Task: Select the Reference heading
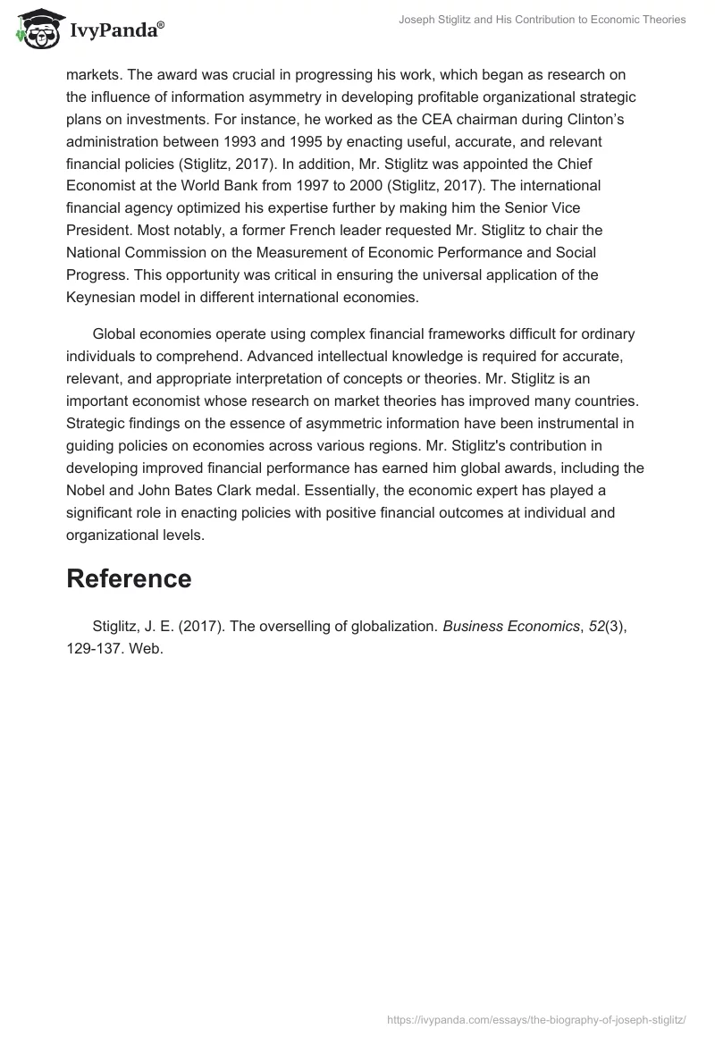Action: coord(129,578)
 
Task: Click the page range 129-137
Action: coord(95,649)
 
